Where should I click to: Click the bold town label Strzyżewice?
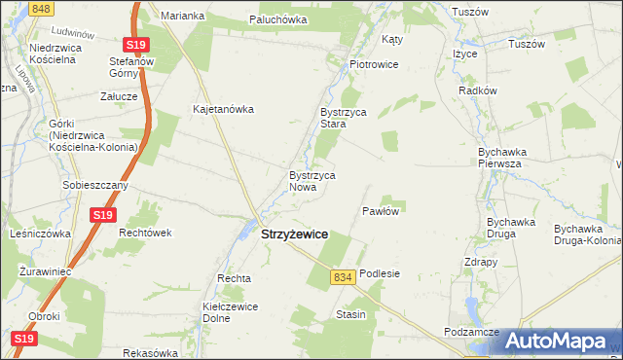pos(295,234)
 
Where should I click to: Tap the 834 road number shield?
pos(341,277)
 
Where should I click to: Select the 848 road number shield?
pos(40,8)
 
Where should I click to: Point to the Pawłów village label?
pos(382,211)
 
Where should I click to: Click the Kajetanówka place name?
pos(223,109)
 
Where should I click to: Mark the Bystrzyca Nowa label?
pos(311,181)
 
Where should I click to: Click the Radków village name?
pos(478,90)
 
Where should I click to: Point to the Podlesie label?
pos(380,274)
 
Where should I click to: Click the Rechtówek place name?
pos(145,234)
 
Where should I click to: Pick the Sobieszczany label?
pos(94,185)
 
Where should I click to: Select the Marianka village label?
pos(182,17)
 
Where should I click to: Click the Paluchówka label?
pos(278,19)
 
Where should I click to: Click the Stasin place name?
pos(350,314)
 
